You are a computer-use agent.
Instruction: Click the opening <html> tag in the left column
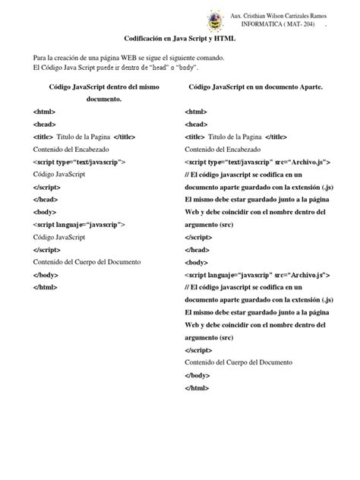click(44, 112)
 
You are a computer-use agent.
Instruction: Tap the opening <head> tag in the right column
click(196, 125)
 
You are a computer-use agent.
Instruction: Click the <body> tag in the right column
click(196, 262)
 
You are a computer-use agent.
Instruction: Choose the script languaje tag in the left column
click(79, 225)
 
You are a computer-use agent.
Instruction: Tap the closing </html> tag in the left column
click(46, 287)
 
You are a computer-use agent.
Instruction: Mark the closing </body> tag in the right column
click(197, 375)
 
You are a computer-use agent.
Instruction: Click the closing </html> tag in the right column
click(197, 388)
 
